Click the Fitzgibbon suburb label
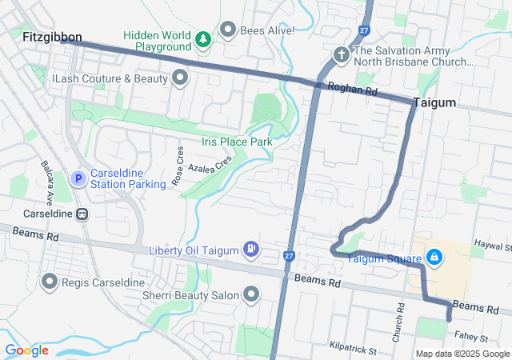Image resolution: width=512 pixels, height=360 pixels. point(53,37)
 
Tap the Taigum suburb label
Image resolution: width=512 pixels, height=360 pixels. point(434,102)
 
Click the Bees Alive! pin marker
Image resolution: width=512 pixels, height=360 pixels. point(228,30)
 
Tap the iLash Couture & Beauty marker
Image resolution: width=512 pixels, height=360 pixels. point(179,78)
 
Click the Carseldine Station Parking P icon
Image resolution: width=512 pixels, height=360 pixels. point(78,178)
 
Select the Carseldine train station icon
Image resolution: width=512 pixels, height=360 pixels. point(82,214)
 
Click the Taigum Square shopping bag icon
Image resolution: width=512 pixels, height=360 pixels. point(434,258)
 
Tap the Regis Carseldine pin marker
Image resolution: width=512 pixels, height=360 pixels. point(50,282)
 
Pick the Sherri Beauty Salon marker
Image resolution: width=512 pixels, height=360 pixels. point(251,295)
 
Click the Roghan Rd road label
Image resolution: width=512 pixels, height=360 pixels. point(358,91)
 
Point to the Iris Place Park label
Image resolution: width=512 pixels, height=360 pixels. point(237,142)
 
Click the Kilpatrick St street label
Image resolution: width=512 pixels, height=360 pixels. point(353,349)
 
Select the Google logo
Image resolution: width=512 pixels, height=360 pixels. point(26,350)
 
